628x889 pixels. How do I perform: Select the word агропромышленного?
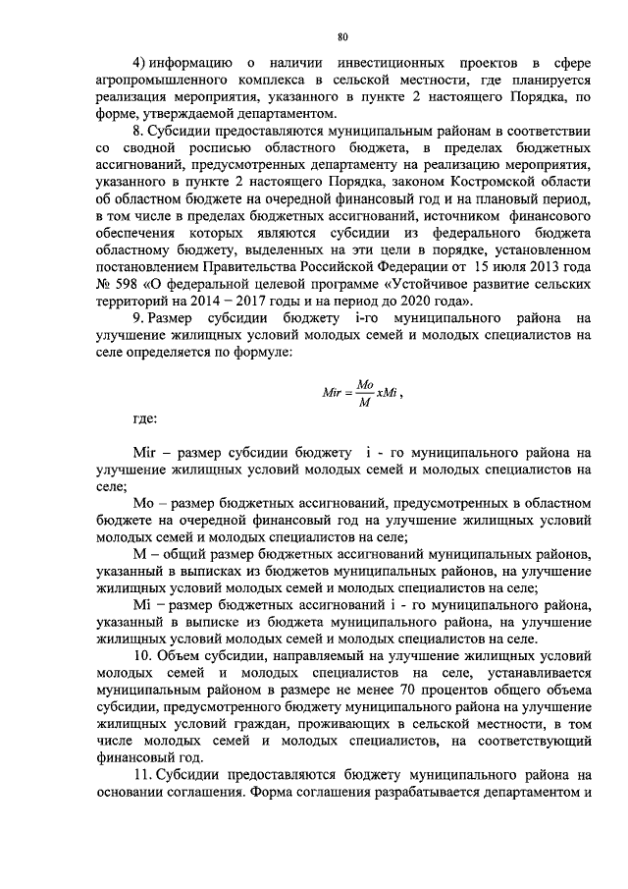(x=161, y=82)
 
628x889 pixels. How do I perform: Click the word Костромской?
(x=504, y=182)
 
